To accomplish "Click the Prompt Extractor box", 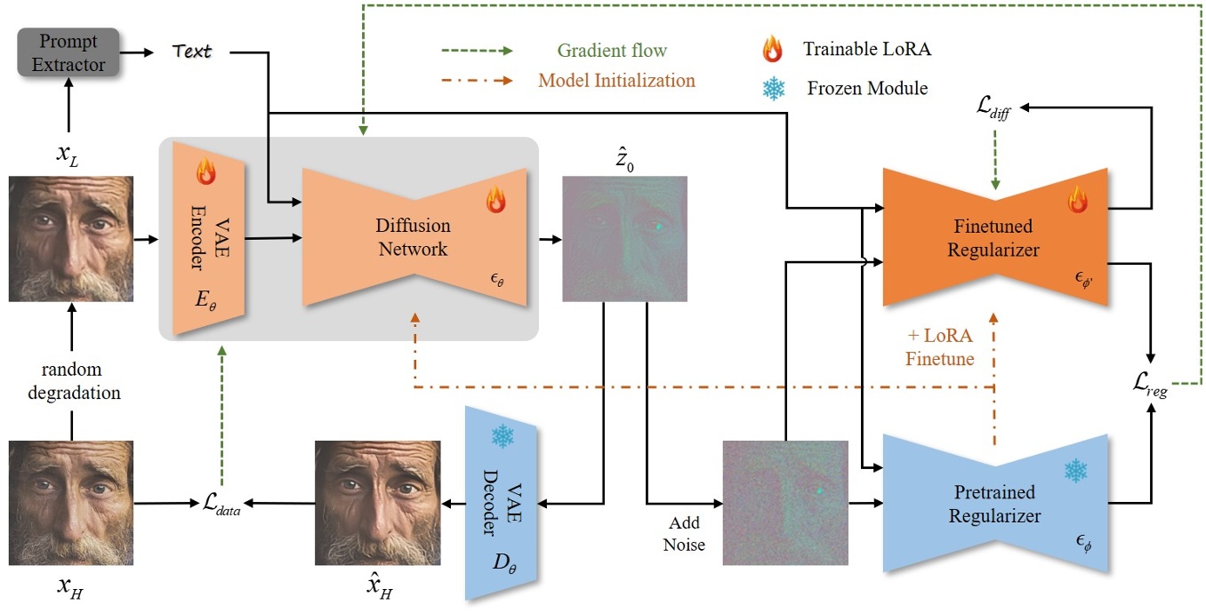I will click(x=69, y=52).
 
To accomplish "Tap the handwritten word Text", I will click(x=193, y=52).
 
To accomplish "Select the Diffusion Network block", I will click(x=414, y=238).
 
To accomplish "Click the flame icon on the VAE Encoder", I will click(x=206, y=171).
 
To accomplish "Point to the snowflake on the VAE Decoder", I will click(x=503, y=436).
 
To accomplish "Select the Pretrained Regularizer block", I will click(x=993, y=504).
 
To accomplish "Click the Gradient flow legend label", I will click(x=612, y=51).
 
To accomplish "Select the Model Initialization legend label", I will click(x=616, y=80).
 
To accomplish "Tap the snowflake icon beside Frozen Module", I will click(x=775, y=89).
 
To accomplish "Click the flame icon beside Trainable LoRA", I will click(x=772, y=50).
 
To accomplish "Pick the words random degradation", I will click(x=71, y=380).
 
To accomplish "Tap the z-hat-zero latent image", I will click(x=625, y=238).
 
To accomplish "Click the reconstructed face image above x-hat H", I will click(x=378, y=503).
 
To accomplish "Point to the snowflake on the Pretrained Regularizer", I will click(x=1077, y=471).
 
